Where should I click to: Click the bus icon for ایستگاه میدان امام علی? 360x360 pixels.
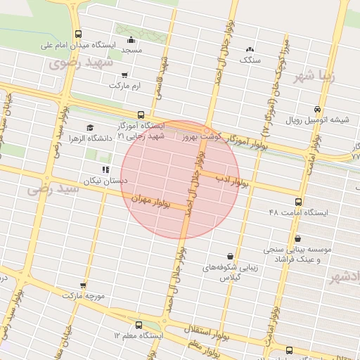pyautogui.click(x=77, y=34)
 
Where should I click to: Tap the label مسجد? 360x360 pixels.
pyautogui.click(x=131, y=51)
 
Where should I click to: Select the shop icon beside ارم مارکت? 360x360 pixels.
pyautogui.click(x=125, y=75)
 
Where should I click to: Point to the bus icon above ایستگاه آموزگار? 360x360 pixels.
pyautogui.click(x=141, y=114)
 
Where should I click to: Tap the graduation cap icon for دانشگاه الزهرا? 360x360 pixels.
pyautogui.click(x=89, y=127)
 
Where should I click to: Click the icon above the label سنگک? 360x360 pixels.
pyautogui.click(x=250, y=49)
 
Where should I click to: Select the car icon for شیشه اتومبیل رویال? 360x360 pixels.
pyautogui.click(x=318, y=109)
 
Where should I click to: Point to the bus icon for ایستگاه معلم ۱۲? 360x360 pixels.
pyautogui.click(x=138, y=326)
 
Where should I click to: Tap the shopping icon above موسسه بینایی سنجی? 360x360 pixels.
pyautogui.click(x=299, y=238)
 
